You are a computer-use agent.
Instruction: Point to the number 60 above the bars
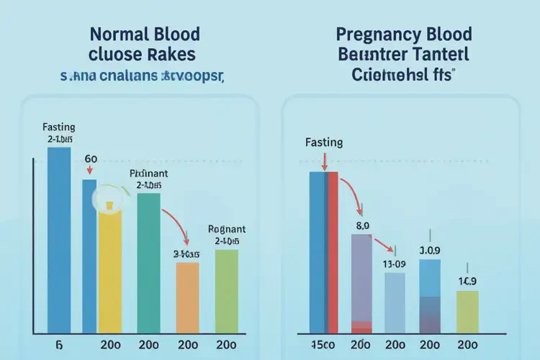[91, 158]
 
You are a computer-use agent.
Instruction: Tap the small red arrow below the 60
[90, 171]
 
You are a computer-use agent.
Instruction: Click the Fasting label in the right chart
[324, 143]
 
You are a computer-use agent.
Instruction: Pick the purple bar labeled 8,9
[361, 277]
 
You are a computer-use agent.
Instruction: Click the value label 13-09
[395, 264]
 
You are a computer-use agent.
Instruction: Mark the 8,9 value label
[361, 225]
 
